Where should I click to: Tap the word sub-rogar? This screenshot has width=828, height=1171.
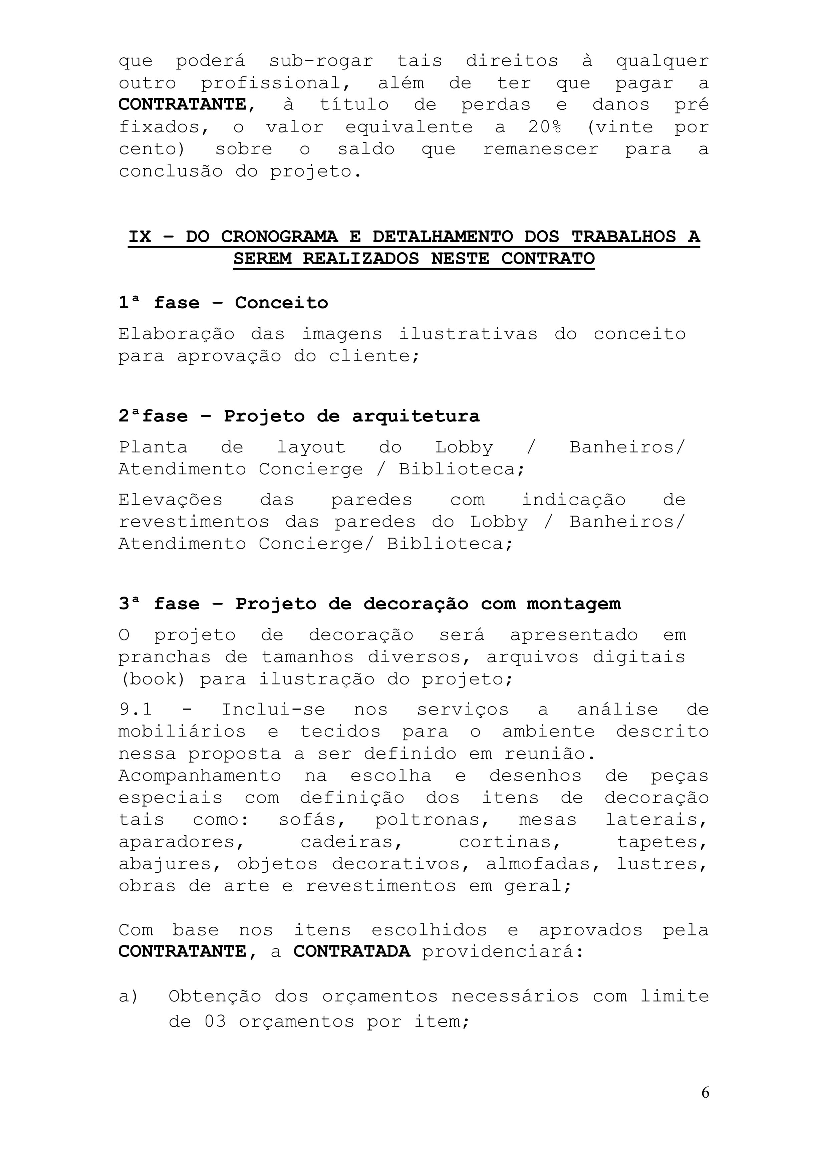click(321, 61)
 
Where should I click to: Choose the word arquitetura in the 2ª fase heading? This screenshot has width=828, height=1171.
click(416, 416)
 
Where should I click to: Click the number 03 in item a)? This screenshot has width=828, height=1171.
click(215, 1022)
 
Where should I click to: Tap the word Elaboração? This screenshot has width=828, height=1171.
click(177, 334)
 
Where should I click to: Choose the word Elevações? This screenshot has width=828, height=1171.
click(171, 500)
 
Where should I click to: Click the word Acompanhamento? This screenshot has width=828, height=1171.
click(200, 776)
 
